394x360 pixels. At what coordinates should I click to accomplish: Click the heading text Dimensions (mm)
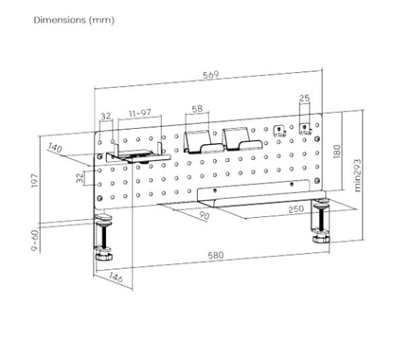(74, 20)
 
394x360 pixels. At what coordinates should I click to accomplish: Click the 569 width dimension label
(210, 75)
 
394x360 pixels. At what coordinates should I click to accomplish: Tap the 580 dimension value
(216, 255)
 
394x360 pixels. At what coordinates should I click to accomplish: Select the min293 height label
(358, 175)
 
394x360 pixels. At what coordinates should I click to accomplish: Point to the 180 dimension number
(337, 152)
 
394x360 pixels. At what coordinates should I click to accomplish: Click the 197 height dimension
(34, 180)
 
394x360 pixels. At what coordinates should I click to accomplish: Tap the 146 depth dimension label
(116, 278)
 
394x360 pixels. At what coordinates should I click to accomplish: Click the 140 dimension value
(55, 148)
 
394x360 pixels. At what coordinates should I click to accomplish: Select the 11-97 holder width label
(140, 113)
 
